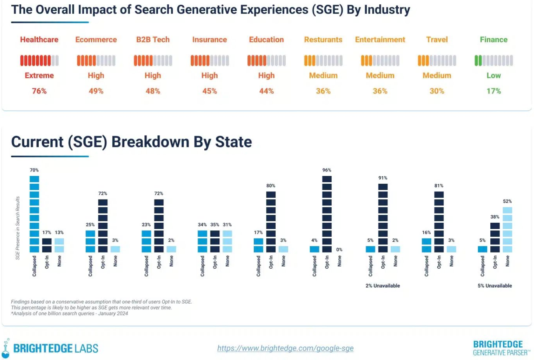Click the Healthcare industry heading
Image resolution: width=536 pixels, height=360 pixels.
(x=39, y=40)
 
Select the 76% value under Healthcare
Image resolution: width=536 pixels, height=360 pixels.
(x=39, y=91)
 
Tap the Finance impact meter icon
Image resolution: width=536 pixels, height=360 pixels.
(x=493, y=60)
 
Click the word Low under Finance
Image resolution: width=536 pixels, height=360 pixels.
(x=493, y=75)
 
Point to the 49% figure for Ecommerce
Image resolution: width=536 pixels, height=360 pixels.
(x=96, y=91)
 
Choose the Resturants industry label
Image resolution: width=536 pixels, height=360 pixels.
(x=323, y=40)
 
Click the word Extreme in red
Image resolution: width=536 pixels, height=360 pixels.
(x=39, y=75)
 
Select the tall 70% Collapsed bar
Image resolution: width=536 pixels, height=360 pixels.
(x=34, y=214)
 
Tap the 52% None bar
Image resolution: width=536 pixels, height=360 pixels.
(x=507, y=230)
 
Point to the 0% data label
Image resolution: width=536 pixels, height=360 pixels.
(x=339, y=250)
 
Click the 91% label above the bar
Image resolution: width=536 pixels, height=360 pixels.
(x=382, y=178)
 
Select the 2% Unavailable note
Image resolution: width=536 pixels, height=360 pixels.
(x=382, y=286)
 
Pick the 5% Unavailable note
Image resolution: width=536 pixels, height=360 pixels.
(x=494, y=286)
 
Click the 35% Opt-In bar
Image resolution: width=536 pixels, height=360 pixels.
(x=215, y=241)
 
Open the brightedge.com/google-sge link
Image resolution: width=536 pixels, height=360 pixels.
(x=285, y=348)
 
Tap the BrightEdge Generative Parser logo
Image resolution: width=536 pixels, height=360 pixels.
(x=500, y=348)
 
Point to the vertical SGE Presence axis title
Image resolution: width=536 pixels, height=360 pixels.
(x=18, y=228)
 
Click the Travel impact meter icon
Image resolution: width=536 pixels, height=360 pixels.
(x=437, y=60)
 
